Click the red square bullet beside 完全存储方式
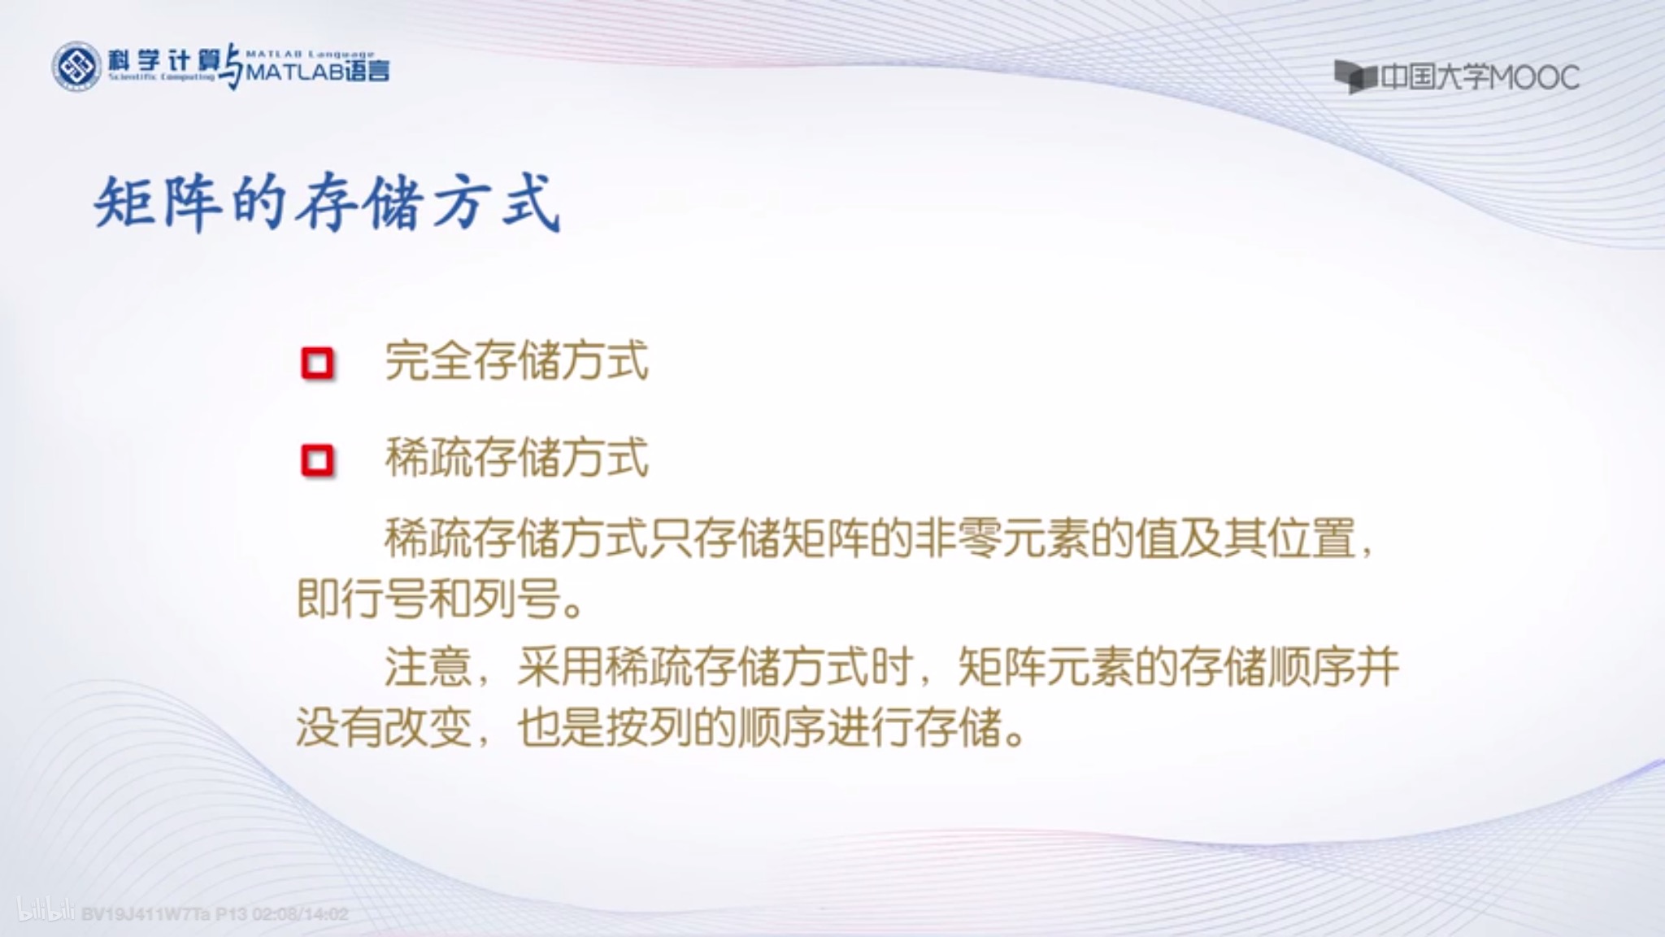click(x=317, y=364)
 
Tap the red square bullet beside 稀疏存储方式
click(x=317, y=461)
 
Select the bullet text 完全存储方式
click(x=517, y=360)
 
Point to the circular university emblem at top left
click(x=76, y=67)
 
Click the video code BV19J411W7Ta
click(x=146, y=914)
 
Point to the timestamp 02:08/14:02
click(x=301, y=914)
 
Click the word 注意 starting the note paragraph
click(x=428, y=667)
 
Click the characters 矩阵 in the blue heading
click(x=159, y=203)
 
